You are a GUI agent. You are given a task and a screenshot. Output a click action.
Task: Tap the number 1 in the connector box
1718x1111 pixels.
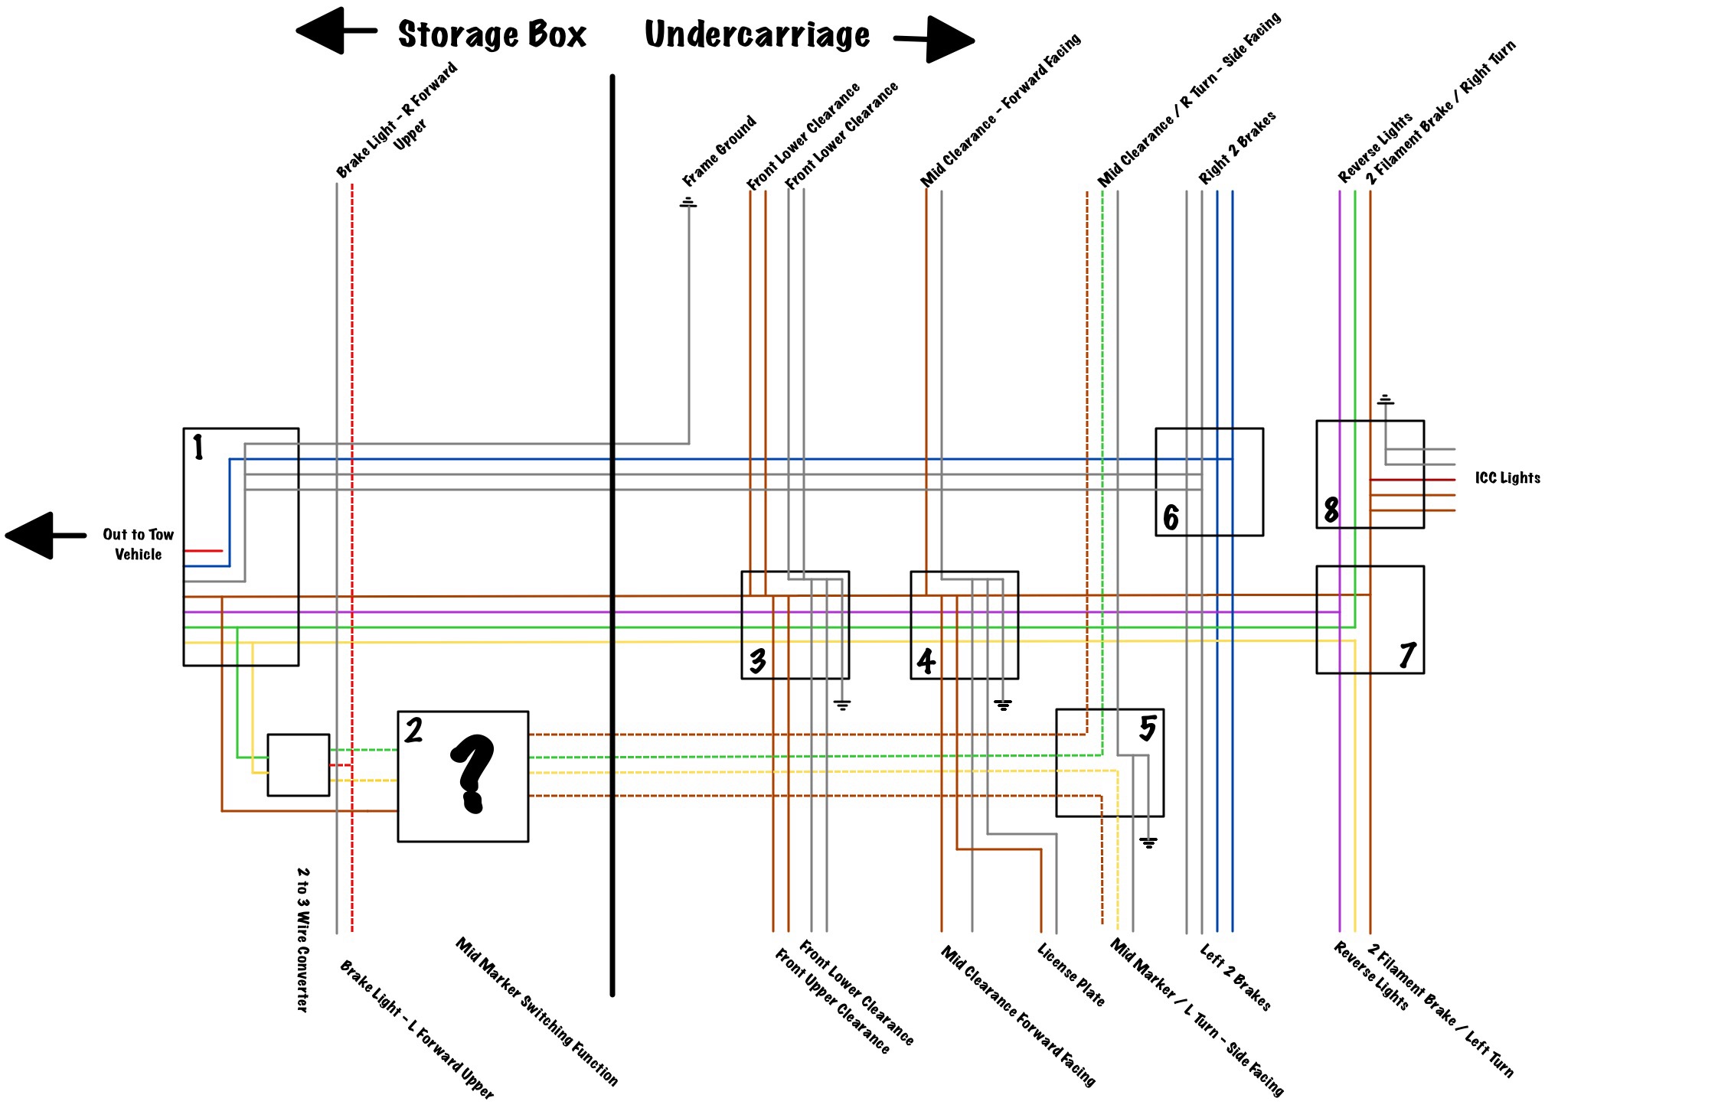point(198,447)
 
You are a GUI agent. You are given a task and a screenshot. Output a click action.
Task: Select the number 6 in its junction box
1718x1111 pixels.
point(1171,518)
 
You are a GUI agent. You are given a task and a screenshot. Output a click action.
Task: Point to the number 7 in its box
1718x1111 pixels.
point(1406,656)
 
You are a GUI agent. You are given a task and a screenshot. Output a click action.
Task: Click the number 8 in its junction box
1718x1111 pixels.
point(1331,510)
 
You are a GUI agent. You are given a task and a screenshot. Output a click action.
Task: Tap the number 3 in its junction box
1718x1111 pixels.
point(757,661)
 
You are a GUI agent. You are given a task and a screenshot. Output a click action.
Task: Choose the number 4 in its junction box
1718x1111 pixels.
point(926,662)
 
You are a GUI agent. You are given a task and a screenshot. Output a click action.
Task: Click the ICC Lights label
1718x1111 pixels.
point(1507,478)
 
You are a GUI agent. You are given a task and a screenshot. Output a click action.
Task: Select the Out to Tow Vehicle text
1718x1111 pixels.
point(139,544)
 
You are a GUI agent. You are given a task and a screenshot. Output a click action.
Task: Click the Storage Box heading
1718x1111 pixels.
point(492,35)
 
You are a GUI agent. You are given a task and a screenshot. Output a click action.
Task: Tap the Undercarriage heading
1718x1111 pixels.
point(757,35)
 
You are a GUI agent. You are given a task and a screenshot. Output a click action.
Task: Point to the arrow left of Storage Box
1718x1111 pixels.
point(335,31)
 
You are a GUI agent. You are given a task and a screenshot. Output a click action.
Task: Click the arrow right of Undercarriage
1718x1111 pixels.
point(935,39)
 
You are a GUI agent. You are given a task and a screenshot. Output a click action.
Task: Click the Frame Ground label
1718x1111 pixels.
point(719,151)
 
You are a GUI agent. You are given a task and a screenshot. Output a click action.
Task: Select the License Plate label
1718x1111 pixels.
point(1071,974)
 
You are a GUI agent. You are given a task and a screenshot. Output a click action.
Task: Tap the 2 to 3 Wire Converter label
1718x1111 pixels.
point(303,939)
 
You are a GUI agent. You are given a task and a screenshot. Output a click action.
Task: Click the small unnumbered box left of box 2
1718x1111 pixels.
point(299,765)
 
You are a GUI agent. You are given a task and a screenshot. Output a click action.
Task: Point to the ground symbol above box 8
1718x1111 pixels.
point(1385,400)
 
